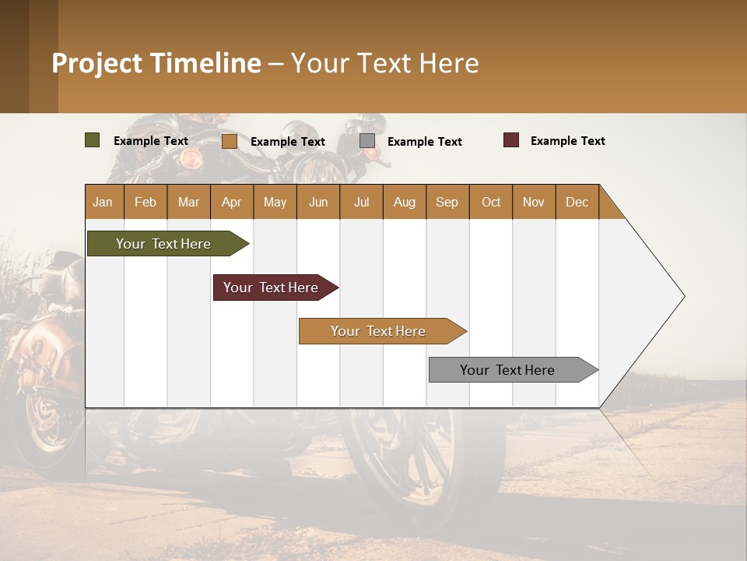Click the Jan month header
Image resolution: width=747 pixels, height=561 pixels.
point(103,202)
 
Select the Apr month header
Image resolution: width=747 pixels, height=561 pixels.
point(231,202)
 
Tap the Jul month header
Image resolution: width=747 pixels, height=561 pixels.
point(361,202)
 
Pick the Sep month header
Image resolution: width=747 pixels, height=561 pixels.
point(447,202)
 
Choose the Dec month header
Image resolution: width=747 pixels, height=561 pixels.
point(577,202)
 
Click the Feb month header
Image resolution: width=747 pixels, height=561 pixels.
point(146,202)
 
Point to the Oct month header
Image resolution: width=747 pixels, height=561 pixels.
point(491,202)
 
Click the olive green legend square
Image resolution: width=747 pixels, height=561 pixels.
point(92,140)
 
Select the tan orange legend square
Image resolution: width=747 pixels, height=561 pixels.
point(229,141)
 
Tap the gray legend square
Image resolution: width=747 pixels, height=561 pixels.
point(367,141)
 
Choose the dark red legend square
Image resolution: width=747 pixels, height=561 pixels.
point(511,140)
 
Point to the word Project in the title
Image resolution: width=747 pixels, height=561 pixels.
point(96,63)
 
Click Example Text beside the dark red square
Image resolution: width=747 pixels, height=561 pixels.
point(567,141)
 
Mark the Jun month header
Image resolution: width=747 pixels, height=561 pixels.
point(318,202)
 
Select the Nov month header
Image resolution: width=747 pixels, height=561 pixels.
point(534,202)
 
